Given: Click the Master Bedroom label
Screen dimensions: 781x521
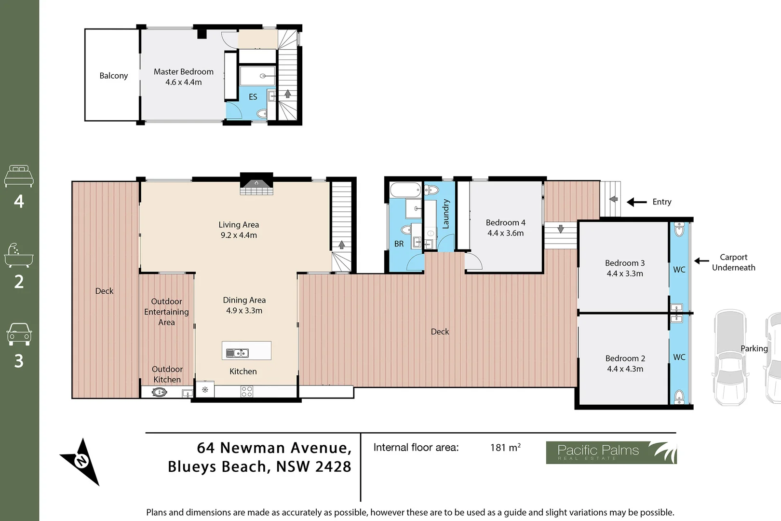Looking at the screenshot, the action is tap(183, 71).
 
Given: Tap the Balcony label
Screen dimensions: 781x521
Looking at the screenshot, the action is tap(114, 76).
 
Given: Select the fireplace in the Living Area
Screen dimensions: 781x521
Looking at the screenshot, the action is tap(256, 184).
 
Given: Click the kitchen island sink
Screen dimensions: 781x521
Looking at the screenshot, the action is tap(238, 353).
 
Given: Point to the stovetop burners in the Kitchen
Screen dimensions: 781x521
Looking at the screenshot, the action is tap(247, 392).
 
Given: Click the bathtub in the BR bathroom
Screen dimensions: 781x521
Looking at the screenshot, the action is tap(405, 190).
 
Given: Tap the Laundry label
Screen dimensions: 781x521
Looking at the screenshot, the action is tap(445, 214).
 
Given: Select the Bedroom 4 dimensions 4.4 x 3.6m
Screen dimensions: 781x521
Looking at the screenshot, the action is tap(506, 233).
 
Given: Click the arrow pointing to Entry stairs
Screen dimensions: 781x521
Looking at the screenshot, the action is tap(637, 202).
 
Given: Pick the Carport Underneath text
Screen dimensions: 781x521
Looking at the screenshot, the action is tap(734, 262).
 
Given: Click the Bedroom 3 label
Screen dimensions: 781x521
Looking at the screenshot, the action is tap(625, 263).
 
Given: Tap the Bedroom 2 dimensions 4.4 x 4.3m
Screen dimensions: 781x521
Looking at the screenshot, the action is tap(625, 369).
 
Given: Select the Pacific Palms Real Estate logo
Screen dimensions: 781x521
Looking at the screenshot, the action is tap(611, 452).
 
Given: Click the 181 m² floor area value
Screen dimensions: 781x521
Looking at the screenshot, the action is tap(505, 447).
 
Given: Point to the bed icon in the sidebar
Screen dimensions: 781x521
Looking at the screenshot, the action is tap(19, 176).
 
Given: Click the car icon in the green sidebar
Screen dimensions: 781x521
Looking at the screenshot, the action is tap(19, 334).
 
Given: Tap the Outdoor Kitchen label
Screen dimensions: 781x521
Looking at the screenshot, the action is tap(167, 374).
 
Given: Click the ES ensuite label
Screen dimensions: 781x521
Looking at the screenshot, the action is tap(253, 97).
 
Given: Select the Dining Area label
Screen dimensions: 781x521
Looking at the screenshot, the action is tap(244, 300).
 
